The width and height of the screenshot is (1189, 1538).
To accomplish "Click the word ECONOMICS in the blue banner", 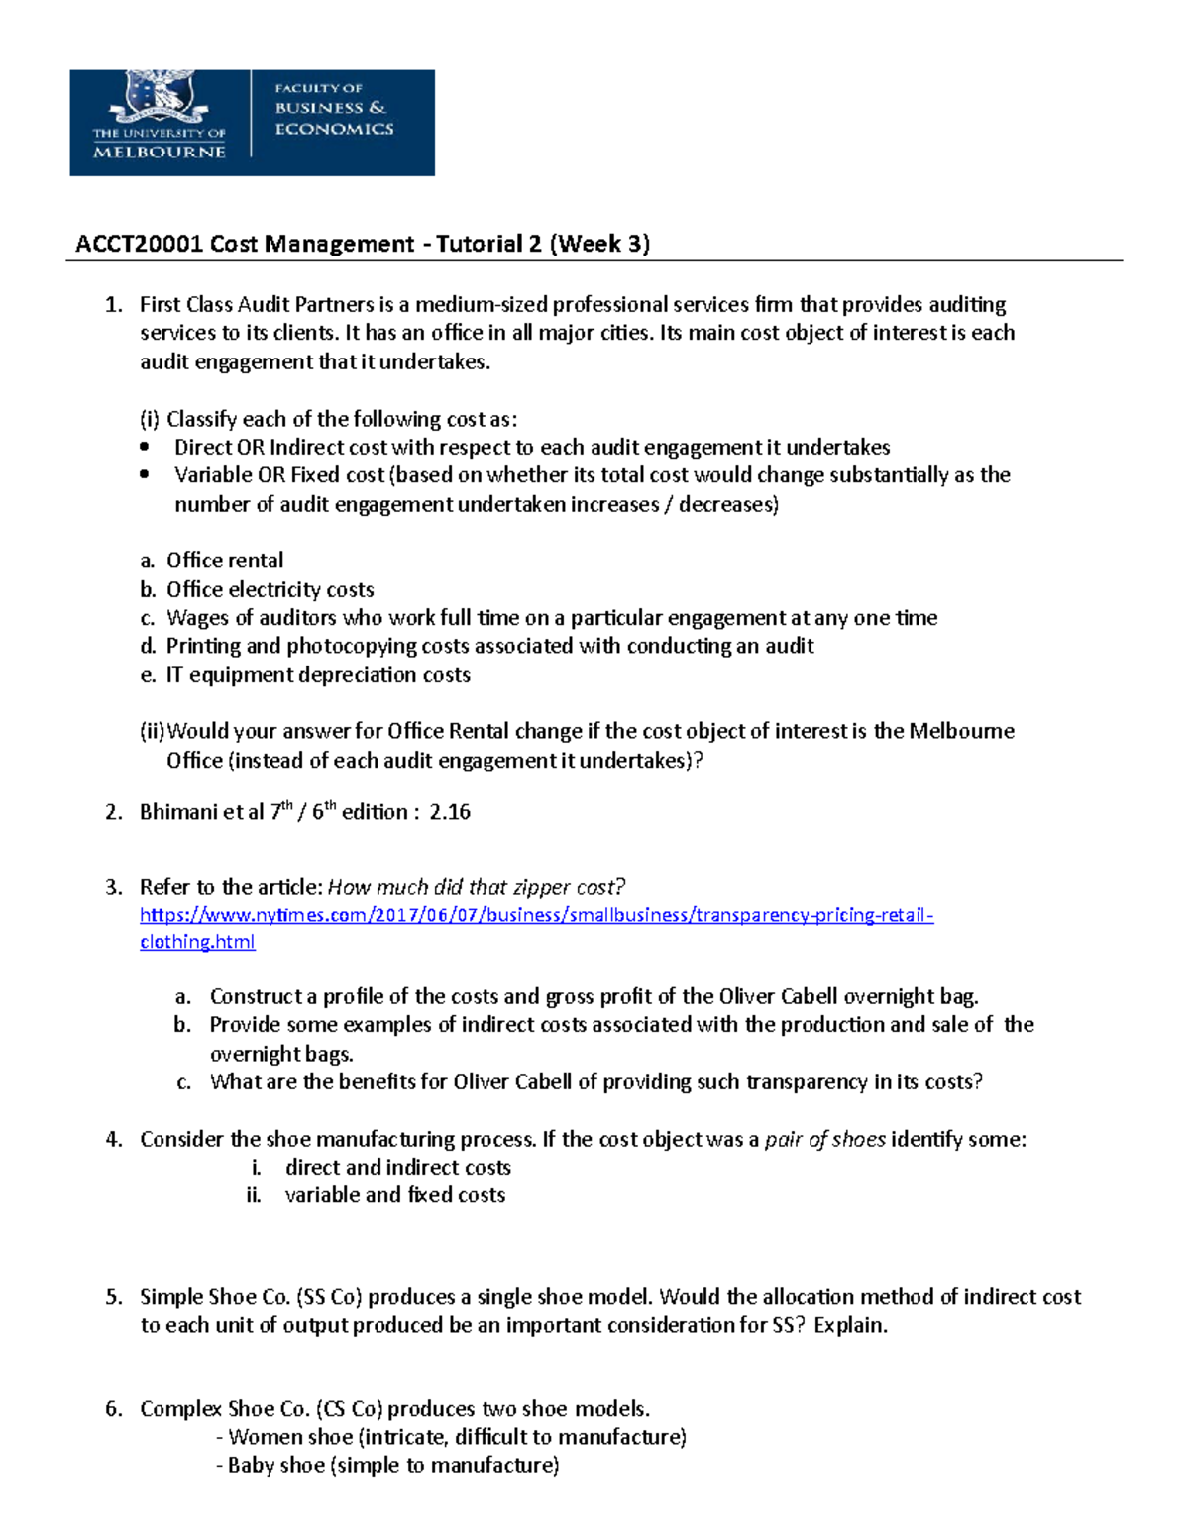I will click(x=334, y=129).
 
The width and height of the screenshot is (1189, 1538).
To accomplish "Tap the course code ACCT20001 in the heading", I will click(x=140, y=244).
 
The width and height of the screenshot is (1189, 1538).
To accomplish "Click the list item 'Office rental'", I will click(x=225, y=561).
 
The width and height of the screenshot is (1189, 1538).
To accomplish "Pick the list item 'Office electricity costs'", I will click(x=270, y=589).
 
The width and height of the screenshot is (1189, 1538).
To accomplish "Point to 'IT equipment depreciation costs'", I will click(x=317, y=675).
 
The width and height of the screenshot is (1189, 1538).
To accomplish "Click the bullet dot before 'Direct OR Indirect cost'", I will click(x=146, y=447).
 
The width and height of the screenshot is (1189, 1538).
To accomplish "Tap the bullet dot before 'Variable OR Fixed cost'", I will click(x=146, y=475).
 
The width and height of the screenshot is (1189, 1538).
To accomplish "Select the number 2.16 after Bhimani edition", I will click(x=450, y=812).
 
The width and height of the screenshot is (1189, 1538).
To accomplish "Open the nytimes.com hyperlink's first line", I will click(x=536, y=915).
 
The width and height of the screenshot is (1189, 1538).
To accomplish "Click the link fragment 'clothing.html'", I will click(x=197, y=942).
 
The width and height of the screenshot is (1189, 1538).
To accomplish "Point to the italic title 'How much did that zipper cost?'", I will click(x=477, y=887).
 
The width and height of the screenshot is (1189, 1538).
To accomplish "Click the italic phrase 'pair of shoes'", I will click(x=824, y=1139).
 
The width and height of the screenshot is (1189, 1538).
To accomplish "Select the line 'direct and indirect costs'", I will click(x=397, y=1168).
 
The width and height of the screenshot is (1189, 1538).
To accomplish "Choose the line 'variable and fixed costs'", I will click(x=394, y=1195).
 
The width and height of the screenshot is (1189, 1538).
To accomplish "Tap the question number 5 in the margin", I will click(x=113, y=1297).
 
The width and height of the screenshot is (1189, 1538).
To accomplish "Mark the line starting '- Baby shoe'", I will click(x=387, y=1466).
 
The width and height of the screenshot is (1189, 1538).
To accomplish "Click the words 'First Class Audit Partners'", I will click(x=257, y=304).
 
